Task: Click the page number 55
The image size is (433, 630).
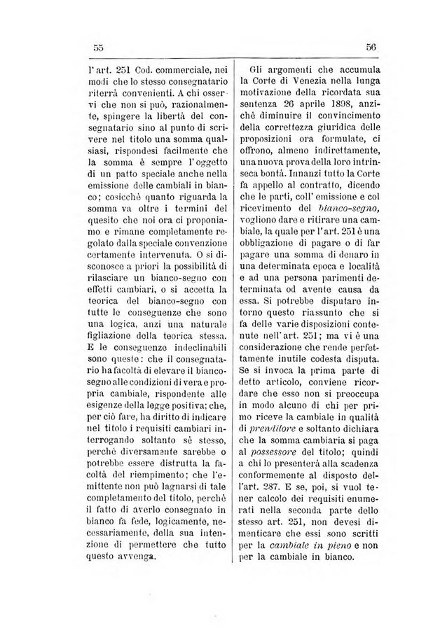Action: coord(98,48)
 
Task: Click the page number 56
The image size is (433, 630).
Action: coord(371,48)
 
